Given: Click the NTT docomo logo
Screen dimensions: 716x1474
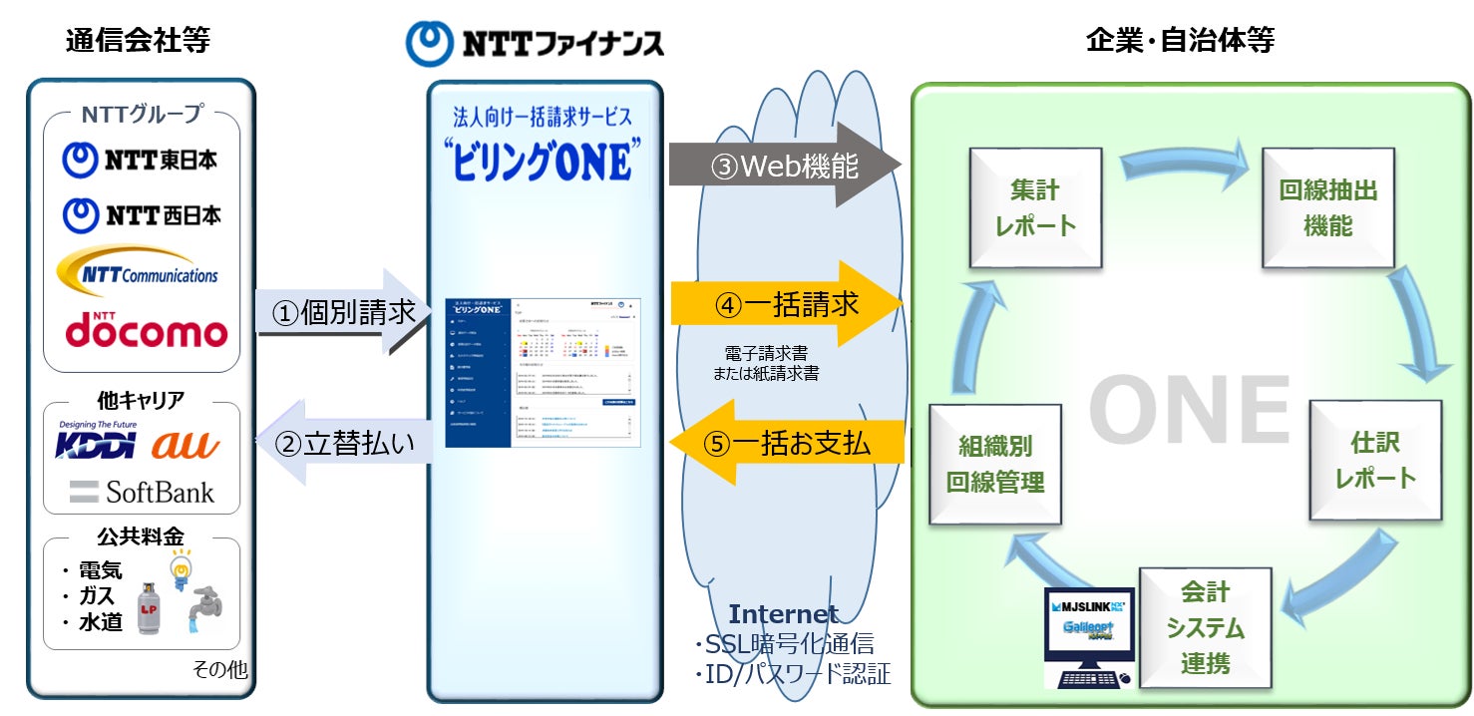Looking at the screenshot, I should point(146,330).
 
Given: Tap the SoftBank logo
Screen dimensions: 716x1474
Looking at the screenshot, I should point(142,492).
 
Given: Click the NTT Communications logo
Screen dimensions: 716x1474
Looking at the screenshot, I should point(140,271).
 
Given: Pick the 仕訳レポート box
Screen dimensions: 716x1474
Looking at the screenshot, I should point(1375,461).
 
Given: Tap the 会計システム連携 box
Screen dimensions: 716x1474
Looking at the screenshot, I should point(1205,627).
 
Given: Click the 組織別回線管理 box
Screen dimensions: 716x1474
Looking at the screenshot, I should point(993,464).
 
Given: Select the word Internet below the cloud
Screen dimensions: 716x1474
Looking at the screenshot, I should point(783,613).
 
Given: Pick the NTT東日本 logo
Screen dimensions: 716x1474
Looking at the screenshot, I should point(140,159).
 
